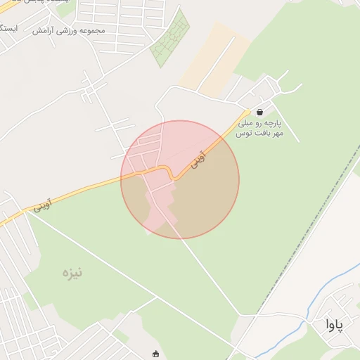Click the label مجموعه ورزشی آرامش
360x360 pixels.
pyautogui.click(x=68, y=31)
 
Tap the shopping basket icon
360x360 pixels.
pyautogui.click(x=260, y=112)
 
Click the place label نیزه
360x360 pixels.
pyautogui.click(x=72, y=272)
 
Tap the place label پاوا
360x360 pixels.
pyautogui.click(x=334, y=324)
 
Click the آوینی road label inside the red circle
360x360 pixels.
pyautogui.click(x=200, y=160)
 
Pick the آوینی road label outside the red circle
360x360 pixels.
pyautogui.click(x=41, y=205)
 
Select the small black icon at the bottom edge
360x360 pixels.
pyautogui.click(x=155, y=354)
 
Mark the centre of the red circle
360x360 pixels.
pyautogui.click(x=180, y=179)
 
